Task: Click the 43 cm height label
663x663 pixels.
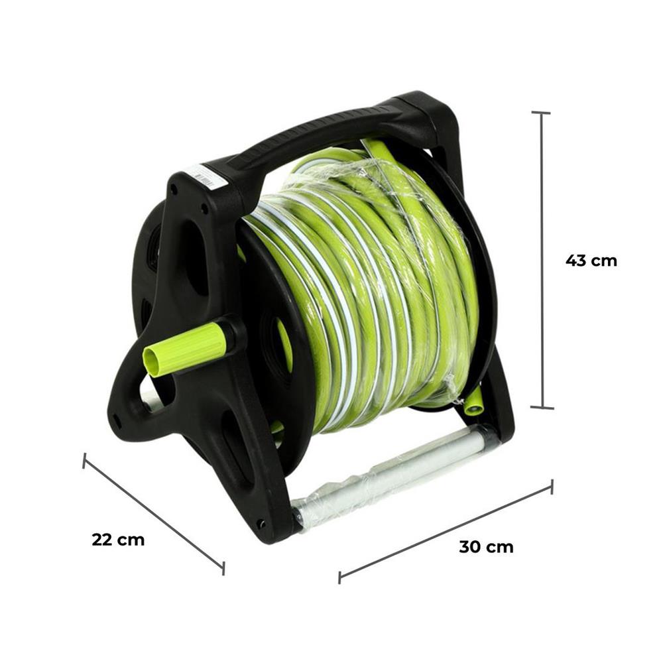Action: point(591,261)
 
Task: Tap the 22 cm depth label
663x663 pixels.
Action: point(118,540)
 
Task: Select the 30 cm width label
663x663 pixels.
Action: point(486,547)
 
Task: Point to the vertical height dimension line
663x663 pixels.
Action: point(542,261)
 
